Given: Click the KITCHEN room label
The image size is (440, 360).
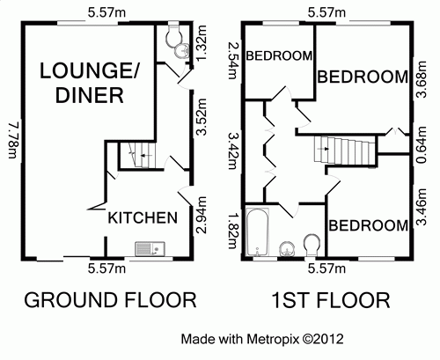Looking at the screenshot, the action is click(x=143, y=218).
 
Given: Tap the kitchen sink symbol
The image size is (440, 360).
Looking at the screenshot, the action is click(x=150, y=248).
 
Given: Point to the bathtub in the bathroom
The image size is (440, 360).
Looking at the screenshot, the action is click(x=257, y=232).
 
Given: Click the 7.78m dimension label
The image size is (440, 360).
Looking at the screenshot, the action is click(x=14, y=141).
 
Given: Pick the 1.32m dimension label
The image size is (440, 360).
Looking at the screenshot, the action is click(x=202, y=44).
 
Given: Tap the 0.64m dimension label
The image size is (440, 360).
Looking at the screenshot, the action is click(x=422, y=144).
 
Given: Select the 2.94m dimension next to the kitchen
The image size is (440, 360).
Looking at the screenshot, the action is click(x=202, y=215).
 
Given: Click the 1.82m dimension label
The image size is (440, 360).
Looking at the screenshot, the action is click(x=233, y=231).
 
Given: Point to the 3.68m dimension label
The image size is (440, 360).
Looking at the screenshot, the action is click(x=422, y=79).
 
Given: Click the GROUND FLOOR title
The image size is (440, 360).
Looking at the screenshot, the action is click(x=110, y=300).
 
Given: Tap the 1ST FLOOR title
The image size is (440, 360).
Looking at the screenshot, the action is click(x=331, y=300).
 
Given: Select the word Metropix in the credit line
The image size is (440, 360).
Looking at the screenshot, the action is click(x=273, y=339).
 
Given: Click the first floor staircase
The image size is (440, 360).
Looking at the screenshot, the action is click(x=345, y=151).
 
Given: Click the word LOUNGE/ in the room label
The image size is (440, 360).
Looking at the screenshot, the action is click(x=89, y=70).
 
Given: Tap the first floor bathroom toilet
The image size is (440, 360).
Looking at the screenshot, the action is click(x=312, y=245).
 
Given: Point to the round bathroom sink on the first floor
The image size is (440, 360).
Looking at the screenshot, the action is click(x=287, y=249).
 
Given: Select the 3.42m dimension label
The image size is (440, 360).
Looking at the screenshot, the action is click(x=233, y=151).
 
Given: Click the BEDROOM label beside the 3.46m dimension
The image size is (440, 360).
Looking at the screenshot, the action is click(x=368, y=225).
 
